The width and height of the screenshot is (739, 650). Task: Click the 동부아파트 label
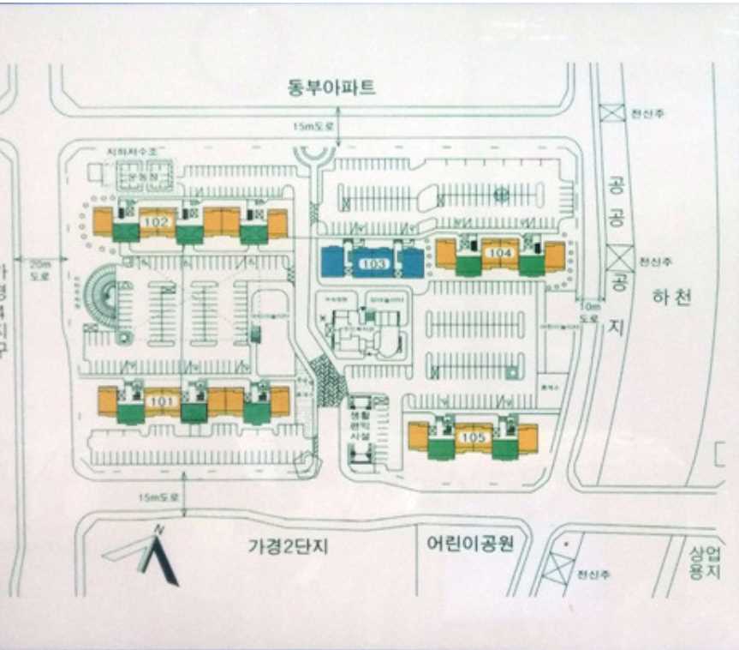pyautogui.click(x=331, y=88)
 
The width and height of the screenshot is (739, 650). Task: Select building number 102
pyautogui.click(x=157, y=221)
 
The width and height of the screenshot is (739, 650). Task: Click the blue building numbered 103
pyautogui.click(x=372, y=262)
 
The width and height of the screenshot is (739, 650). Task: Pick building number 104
pyautogui.click(x=499, y=253)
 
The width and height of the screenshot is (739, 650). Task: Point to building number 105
pyautogui.click(x=473, y=437)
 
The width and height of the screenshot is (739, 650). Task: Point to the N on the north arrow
pyautogui.click(x=158, y=531)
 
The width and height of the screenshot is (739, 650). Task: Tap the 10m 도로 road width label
pyautogui.click(x=589, y=311)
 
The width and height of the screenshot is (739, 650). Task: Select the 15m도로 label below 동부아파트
pyautogui.click(x=312, y=126)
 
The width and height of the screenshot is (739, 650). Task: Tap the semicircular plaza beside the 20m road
pyautogui.click(x=104, y=297)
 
